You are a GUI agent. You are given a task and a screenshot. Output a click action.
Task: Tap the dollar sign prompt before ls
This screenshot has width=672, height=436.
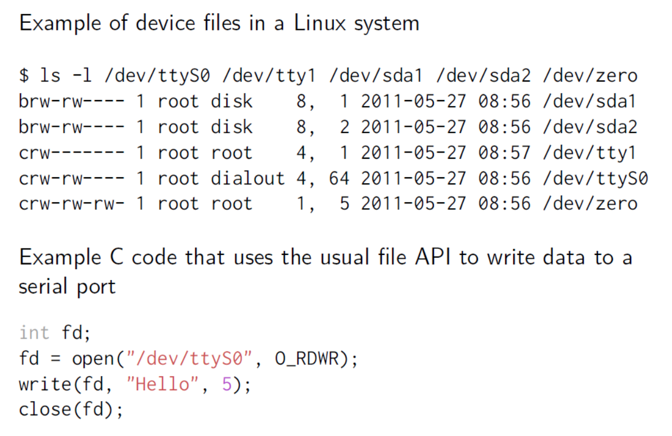coord(24,75)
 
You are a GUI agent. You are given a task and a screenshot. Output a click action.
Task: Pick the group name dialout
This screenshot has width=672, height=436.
coord(247,178)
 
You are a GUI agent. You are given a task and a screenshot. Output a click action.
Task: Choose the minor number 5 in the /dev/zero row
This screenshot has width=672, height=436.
coord(344,204)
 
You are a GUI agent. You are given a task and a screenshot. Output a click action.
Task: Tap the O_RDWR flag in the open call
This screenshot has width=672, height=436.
coord(307,359)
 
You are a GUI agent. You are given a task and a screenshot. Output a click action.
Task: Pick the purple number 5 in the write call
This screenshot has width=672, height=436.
coord(227,384)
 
